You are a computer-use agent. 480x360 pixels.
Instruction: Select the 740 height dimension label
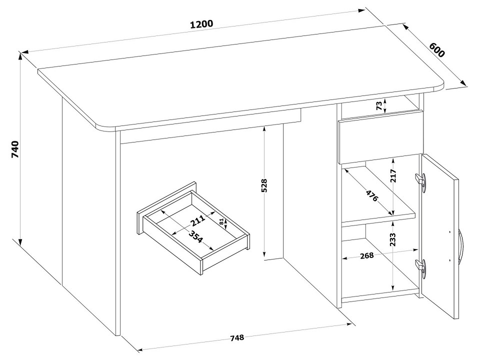click(14, 149)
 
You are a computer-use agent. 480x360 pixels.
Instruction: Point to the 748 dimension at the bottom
click(237, 337)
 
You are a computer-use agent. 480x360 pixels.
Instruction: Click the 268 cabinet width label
click(366, 255)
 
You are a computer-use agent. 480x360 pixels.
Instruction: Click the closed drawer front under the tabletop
click(380, 138)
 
